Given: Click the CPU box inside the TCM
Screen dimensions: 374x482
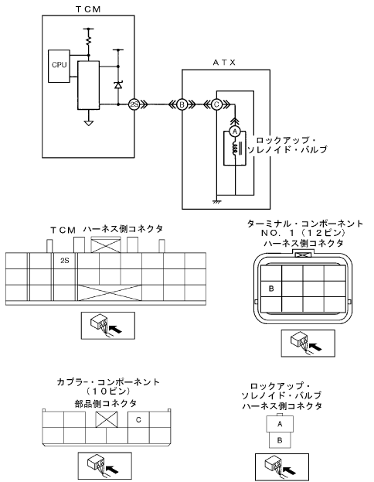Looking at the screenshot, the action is [x=59, y=66].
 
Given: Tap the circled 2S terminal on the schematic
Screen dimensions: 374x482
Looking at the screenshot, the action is [x=134, y=104].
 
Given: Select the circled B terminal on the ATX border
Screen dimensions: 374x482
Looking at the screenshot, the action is [x=182, y=104].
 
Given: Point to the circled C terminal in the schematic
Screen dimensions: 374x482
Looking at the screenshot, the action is [x=216, y=104].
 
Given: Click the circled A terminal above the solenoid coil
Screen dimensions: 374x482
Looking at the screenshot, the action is [x=235, y=132].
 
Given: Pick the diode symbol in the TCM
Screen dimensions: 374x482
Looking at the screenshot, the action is [x=118, y=84].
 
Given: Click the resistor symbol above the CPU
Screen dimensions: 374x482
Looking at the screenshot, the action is [x=89, y=41].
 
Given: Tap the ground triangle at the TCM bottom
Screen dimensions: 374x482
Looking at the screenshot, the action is [x=88, y=123].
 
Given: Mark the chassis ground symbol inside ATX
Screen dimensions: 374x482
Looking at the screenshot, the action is [x=217, y=201].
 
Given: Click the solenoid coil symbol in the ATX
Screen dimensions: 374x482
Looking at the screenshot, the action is [x=236, y=149].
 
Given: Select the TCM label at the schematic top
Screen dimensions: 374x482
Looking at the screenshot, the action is [x=88, y=9].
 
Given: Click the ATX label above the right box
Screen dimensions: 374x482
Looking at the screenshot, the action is [x=224, y=63].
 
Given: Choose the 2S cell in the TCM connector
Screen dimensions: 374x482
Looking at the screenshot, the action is [x=64, y=261].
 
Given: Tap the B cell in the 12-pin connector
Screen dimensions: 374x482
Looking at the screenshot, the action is [x=271, y=289].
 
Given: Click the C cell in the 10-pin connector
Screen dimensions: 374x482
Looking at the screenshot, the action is [x=138, y=419].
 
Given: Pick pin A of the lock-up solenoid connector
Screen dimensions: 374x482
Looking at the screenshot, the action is [x=280, y=424].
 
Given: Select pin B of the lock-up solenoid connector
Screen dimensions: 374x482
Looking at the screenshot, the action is [x=280, y=440].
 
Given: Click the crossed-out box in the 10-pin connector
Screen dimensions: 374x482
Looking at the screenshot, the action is [x=107, y=419].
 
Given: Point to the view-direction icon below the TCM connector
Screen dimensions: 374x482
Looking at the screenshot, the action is [x=107, y=326].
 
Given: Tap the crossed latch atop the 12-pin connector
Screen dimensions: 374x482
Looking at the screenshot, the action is [x=303, y=255].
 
